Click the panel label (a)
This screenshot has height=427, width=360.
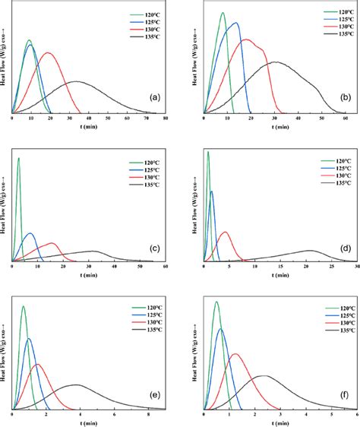click(x=155, y=97)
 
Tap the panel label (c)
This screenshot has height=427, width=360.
click(x=155, y=247)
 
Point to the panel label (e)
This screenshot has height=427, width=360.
click(x=155, y=395)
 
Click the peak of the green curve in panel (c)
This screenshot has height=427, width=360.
click(x=18, y=158)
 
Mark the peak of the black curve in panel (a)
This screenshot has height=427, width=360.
click(x=75, y=81)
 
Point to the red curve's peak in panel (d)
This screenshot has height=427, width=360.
click(x=225, y=232)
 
